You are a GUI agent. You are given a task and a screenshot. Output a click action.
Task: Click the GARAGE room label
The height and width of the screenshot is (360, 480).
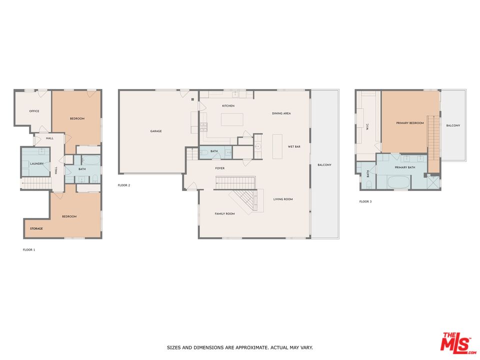156,131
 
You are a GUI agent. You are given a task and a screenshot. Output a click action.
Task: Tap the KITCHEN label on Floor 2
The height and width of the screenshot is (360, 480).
228,105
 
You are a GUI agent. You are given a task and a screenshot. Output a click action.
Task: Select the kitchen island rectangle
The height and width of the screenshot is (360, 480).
232,119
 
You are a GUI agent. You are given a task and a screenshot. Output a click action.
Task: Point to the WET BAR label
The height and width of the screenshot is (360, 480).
294,146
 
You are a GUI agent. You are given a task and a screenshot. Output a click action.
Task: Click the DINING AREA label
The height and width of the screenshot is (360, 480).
281,113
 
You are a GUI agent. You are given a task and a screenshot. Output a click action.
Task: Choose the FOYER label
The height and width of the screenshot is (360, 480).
220,168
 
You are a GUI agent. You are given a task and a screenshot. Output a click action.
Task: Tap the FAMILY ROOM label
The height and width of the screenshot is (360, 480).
224,213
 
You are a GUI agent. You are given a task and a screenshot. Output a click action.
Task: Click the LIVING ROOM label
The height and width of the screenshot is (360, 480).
283,199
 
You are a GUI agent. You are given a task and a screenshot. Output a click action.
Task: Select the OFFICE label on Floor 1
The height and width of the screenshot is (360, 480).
34,111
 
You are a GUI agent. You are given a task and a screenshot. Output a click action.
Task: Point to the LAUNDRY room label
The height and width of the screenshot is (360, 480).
36,164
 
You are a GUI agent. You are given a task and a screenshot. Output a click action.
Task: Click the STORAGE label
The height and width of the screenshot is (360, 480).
36,228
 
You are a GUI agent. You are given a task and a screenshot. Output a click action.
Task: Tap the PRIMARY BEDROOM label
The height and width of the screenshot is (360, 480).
410,123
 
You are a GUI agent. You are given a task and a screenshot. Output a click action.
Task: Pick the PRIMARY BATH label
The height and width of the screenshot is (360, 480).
405,167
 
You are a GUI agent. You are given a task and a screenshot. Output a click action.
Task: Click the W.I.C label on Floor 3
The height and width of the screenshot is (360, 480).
367,126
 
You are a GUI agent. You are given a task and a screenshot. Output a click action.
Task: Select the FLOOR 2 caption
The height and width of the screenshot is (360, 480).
124,185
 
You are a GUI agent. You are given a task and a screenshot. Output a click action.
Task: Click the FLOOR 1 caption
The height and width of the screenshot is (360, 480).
29,250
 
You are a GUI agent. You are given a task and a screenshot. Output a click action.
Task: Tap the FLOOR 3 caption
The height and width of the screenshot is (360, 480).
365,201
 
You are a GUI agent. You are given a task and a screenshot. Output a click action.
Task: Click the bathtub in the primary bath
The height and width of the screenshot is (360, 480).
398,183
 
